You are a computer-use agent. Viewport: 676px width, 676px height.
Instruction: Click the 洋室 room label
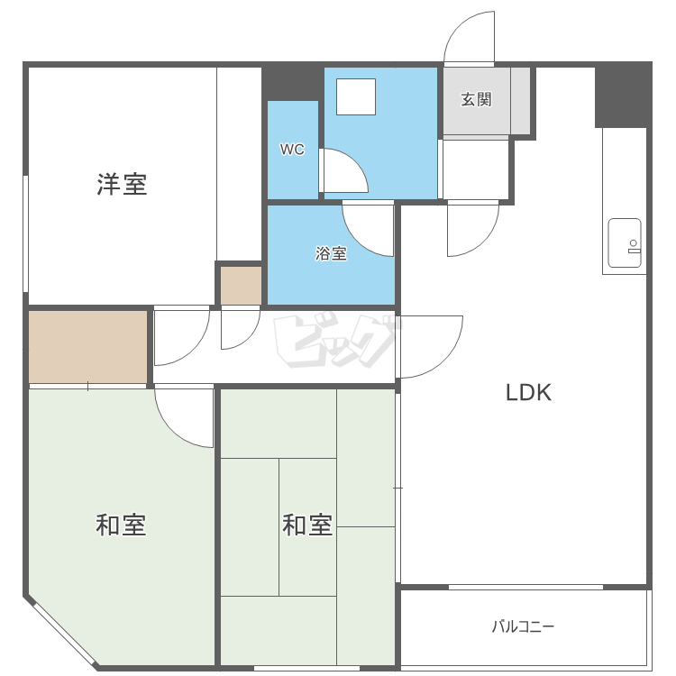point(122,185)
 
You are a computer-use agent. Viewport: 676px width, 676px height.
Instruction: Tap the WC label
point(292,149)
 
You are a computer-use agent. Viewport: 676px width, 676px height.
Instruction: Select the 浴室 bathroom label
point(331,253)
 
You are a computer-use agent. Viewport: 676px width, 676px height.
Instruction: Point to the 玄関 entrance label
point(477,99)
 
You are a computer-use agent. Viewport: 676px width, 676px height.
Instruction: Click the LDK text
point(528,393)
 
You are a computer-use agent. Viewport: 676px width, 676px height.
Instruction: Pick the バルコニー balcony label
point(524,626)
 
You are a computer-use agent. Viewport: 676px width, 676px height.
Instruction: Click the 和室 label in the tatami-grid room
point(307,525)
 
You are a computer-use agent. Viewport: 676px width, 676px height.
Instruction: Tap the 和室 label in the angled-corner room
point(121,525)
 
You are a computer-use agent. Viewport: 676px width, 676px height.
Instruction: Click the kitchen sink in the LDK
point(625,243)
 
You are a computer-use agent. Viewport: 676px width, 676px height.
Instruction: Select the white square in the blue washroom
point(356,97)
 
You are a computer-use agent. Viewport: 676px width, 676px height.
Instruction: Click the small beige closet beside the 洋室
point(242,286)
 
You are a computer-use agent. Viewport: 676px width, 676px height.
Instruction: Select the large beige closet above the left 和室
point(88,347)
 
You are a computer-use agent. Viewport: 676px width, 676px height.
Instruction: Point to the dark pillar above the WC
point(293,84)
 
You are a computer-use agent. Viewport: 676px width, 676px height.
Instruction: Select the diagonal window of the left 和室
point(64,634)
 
